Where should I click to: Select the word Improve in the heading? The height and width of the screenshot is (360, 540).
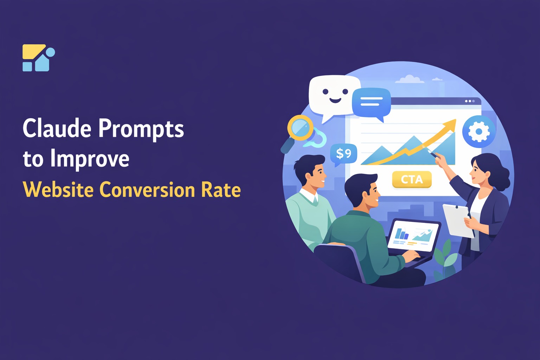pyautogui.click(x=90, y=159)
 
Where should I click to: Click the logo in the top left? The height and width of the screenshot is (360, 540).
pyautogui.click(x=38, y=58)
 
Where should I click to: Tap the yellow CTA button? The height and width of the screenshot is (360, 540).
pyautogui.click(x=412, y=180)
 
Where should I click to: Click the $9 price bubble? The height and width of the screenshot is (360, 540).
pyautogui.click(x=343, y=153)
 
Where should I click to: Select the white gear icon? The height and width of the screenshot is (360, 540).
pyautogui.click(x=478, y=131)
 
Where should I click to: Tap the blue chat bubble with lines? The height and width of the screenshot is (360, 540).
pyautogui.click(x=371, y=102)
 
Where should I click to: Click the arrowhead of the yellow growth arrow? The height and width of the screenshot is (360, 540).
pyautogui.click(x=451, y=124)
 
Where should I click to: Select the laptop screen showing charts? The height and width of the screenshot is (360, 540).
pyautogui.click(x=413, y=235)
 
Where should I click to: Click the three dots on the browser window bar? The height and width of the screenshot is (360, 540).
pyautogui.click(x=470, y=101)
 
